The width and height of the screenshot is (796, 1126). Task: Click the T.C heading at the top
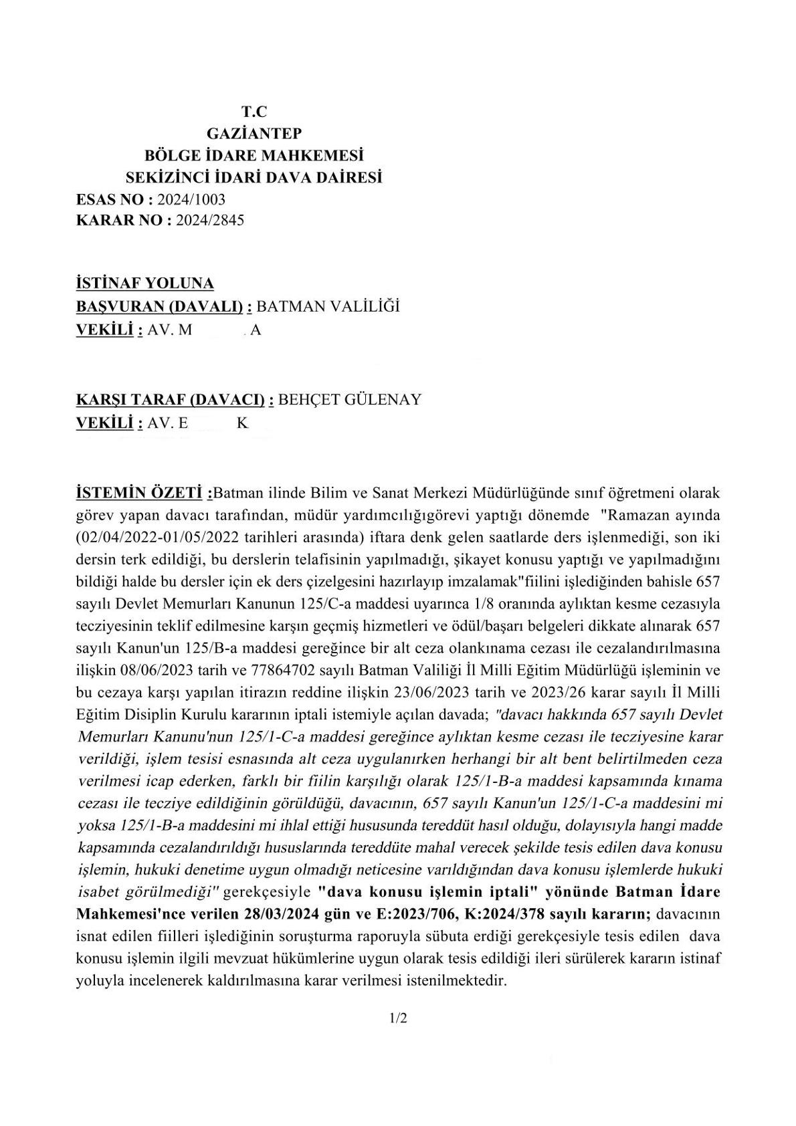(x=254, y=112)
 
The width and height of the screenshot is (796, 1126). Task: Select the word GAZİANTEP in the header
(x=254, y=134)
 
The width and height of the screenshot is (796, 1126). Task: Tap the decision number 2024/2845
(x=209, y=220)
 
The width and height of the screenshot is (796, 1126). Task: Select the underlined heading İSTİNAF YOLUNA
(x=145, y=284)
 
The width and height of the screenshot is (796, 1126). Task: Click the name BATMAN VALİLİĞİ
(x=328, y=306)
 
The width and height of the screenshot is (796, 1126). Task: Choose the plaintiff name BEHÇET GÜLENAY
(x=349, y=400)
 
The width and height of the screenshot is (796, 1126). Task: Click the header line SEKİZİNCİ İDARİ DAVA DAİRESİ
(x=254, y=177)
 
